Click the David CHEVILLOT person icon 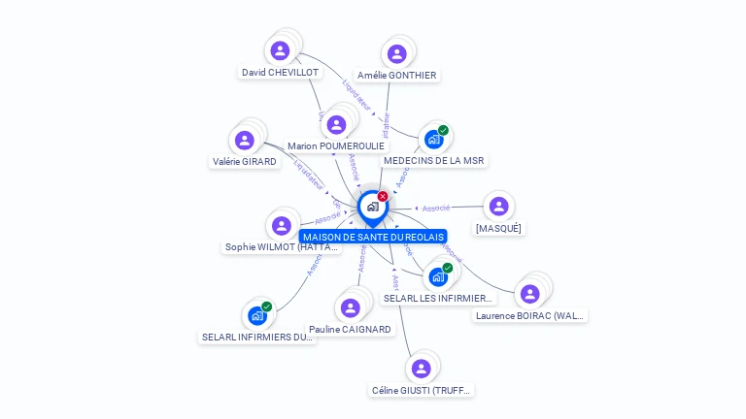pos(281,50)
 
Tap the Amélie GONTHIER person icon pos(396,53)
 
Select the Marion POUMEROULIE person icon pos(336,124)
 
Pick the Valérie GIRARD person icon pos(244,140)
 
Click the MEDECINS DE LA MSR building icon pos(433,139)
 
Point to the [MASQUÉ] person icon pos(498,206)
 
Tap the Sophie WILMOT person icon pos(282,225)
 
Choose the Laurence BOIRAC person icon pos(529,293)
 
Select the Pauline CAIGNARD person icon pos(350,307)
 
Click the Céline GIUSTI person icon pos(421,369)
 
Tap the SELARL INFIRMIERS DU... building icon pos(257,315)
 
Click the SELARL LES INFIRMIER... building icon pos(438,276)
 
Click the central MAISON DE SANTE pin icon pos(372,207)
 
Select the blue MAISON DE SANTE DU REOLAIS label pos(373,237)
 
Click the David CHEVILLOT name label pos(280,73)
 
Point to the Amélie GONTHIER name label pos(396,76)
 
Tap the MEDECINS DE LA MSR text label pos(433,161)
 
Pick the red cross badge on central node pos(383,197)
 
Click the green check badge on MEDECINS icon pos(443,130)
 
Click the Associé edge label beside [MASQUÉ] pos(436,208)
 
